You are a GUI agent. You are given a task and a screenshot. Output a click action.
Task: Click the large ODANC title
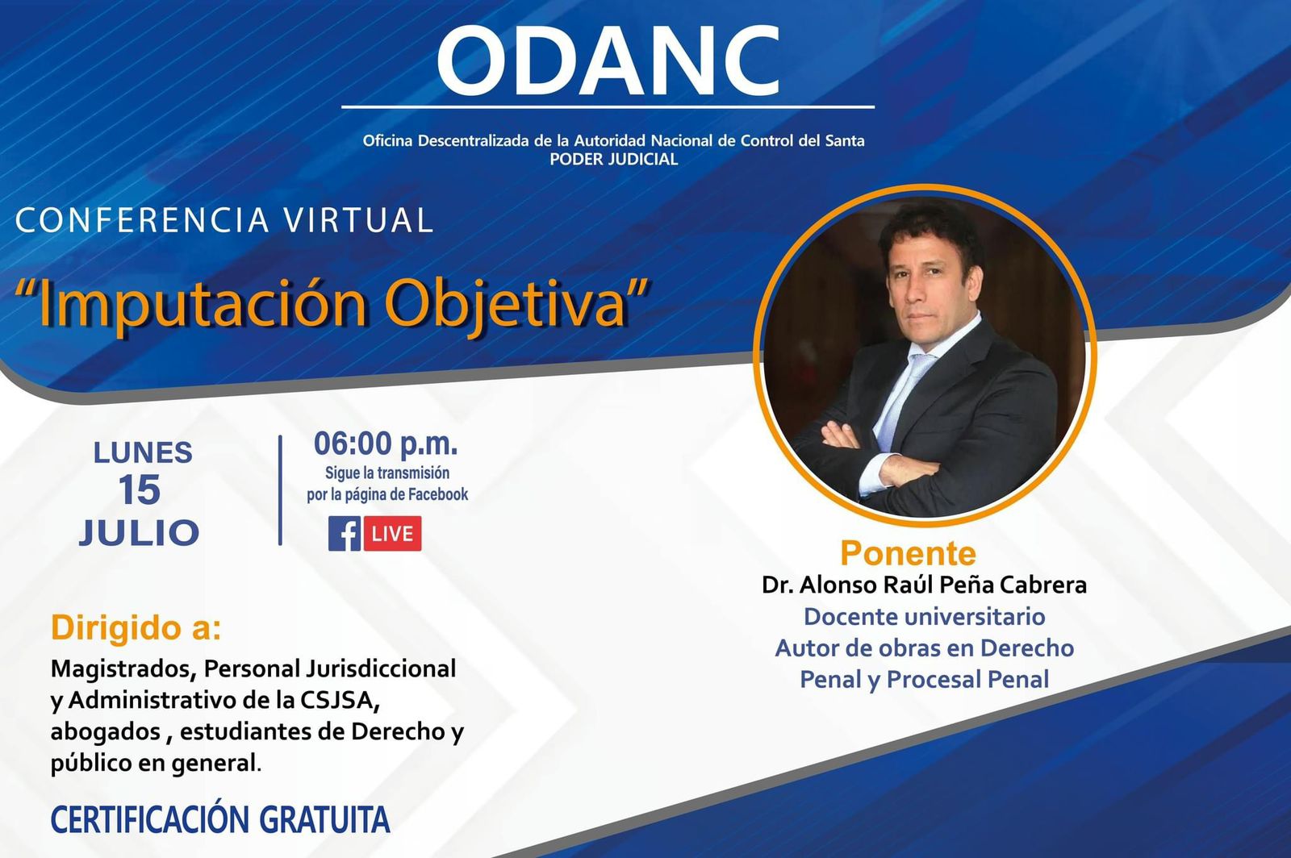pos(608,60)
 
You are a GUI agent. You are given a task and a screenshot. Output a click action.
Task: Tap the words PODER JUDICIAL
pos(614,160)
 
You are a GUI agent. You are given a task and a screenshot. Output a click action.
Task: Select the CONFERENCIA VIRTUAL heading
pos(224,219)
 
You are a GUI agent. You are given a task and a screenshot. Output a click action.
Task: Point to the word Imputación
pos(202,305)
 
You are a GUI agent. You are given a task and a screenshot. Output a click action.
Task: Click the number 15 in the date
pos(140,490)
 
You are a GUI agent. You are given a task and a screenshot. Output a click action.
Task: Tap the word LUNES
pos(143,452)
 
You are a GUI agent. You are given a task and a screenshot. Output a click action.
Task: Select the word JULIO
pos(139,532)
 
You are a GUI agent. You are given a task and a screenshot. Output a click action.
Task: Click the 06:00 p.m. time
pos(386,444)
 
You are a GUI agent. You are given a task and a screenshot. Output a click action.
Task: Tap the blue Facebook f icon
pos(345,533)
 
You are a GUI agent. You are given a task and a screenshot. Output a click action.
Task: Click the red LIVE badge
pos(392,533)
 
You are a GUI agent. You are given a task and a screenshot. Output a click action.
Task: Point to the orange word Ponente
pos(909,553)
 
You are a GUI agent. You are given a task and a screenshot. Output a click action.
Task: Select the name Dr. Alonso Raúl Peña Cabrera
pos(925,585)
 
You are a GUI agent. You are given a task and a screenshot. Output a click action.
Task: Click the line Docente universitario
pos(925,617)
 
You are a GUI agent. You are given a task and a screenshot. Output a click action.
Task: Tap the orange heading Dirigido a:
pos(136,627)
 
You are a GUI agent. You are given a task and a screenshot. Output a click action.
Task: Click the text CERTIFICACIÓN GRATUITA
pos(220,819)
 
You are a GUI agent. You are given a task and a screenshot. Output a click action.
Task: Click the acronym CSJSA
pos(339,700)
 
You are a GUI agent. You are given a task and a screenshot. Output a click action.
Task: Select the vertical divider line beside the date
pos(280,490)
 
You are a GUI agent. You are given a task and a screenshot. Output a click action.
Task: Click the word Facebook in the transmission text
pos(438,494)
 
